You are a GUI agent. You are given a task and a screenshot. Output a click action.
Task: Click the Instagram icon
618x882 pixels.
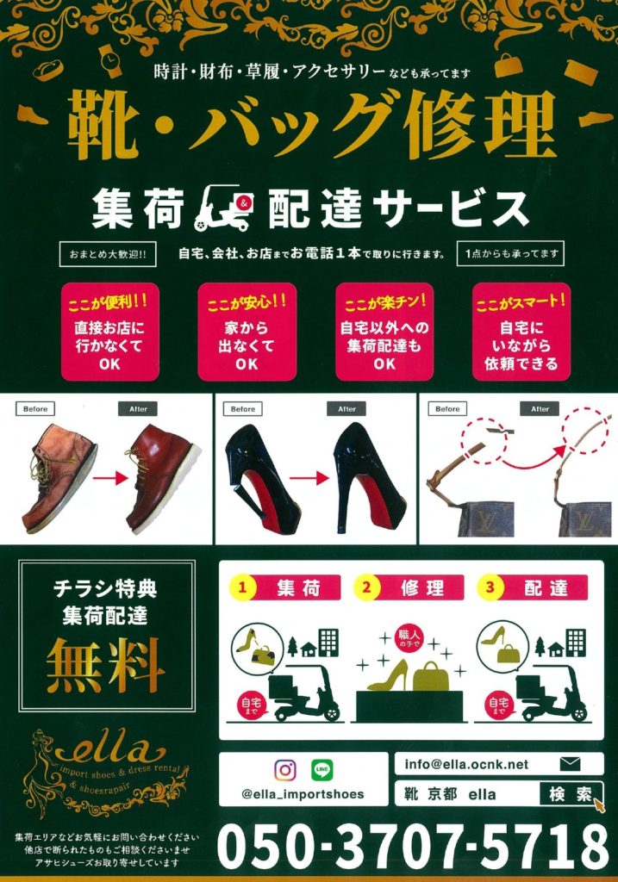(284, 770)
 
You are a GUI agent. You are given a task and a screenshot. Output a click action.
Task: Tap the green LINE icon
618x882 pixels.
(322, 770)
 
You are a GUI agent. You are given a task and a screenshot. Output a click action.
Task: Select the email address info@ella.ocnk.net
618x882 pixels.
(466, 765)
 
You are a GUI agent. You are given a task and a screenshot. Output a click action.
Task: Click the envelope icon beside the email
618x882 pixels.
(570, 764)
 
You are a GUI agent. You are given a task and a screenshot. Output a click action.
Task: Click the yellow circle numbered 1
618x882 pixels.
(242, 587)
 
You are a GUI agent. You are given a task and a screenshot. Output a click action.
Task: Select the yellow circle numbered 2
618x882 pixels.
(366, 587)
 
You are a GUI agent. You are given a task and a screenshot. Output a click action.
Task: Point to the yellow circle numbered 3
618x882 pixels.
(490, 587)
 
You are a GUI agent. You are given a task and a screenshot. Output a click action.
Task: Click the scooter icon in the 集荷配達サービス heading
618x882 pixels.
(223, 208)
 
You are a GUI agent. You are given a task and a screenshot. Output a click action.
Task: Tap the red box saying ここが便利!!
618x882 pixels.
(109, 332)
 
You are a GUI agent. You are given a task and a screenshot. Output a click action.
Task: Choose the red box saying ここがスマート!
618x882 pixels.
(521, 332)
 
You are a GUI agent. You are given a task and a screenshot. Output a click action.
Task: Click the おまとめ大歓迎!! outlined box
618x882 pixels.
(108, 254)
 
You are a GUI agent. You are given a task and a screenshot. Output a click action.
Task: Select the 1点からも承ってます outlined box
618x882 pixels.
(510, 254)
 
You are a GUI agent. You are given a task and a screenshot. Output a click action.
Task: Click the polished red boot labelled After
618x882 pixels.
(161, 477)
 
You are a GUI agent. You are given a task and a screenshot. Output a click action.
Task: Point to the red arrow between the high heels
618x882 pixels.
(309, 478)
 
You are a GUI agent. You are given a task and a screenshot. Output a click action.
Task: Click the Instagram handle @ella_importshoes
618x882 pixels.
(303, 794)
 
